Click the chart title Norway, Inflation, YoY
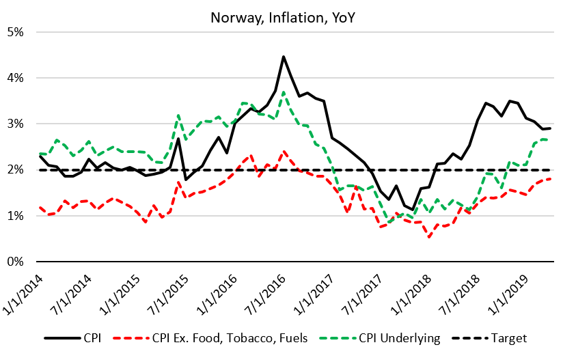(281, 14)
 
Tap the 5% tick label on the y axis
(16, 32)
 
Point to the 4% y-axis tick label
(16, 78)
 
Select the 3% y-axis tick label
(16, 124)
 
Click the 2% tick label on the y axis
(16, 170)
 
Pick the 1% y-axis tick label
(16, 216)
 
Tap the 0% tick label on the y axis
(16, 262)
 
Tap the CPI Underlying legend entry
(383, 338)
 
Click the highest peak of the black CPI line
(283, 57)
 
